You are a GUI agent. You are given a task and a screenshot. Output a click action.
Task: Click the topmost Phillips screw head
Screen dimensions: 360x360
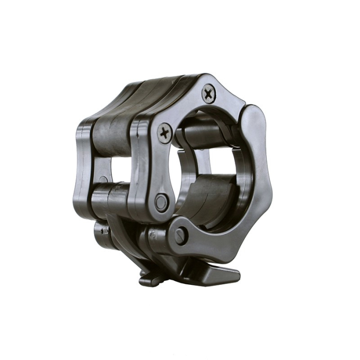pyautogui.click(x=208, y=94)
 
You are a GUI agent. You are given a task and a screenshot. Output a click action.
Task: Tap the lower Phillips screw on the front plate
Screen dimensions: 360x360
pyautogui.click(x=165, y=133)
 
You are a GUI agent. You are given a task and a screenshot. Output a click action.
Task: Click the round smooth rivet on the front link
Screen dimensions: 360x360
pyautogui.click(x=161, y=202)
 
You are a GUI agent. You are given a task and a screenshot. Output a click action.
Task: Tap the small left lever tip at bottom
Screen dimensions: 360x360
pyautogui.click(x=148, y=280)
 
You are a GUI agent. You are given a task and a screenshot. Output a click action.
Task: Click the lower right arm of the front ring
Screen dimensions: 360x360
pyautogui.click(x=242, y=226)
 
